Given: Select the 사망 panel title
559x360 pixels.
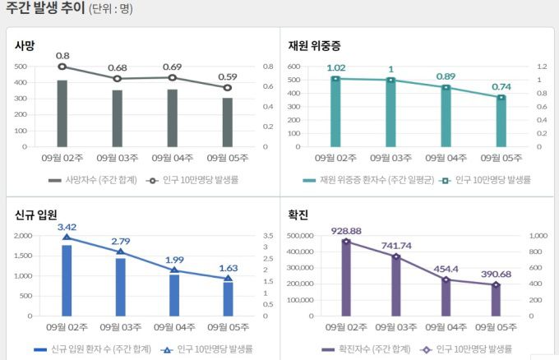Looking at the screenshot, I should click(25, 45).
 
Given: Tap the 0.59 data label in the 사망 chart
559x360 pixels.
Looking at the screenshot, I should click(228, 76).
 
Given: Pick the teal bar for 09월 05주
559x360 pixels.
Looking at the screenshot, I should click(501, 122).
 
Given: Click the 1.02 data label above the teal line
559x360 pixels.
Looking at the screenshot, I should click(335, 68).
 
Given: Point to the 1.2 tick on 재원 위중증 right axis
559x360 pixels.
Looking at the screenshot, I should click(541, 67).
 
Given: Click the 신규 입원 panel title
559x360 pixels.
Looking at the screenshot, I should click(35, 215).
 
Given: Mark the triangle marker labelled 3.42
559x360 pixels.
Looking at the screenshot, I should click(67, 238).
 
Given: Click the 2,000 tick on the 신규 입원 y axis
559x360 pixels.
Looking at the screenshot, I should click(24, 236).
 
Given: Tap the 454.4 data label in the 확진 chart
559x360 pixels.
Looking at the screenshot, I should click(445, 269).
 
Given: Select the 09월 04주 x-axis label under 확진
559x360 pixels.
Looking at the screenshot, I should click(445, 326).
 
